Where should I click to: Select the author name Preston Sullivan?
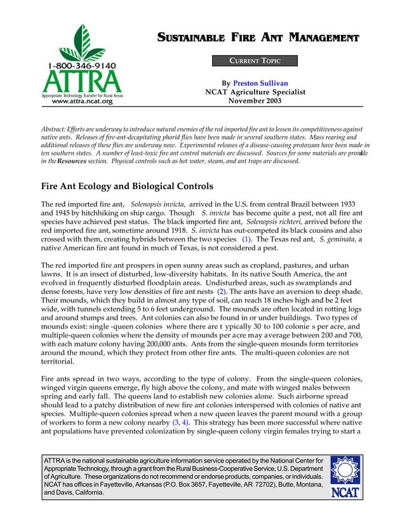click(260, 83)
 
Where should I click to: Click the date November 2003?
click(255, 100)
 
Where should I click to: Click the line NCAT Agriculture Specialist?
click(255, 92)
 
